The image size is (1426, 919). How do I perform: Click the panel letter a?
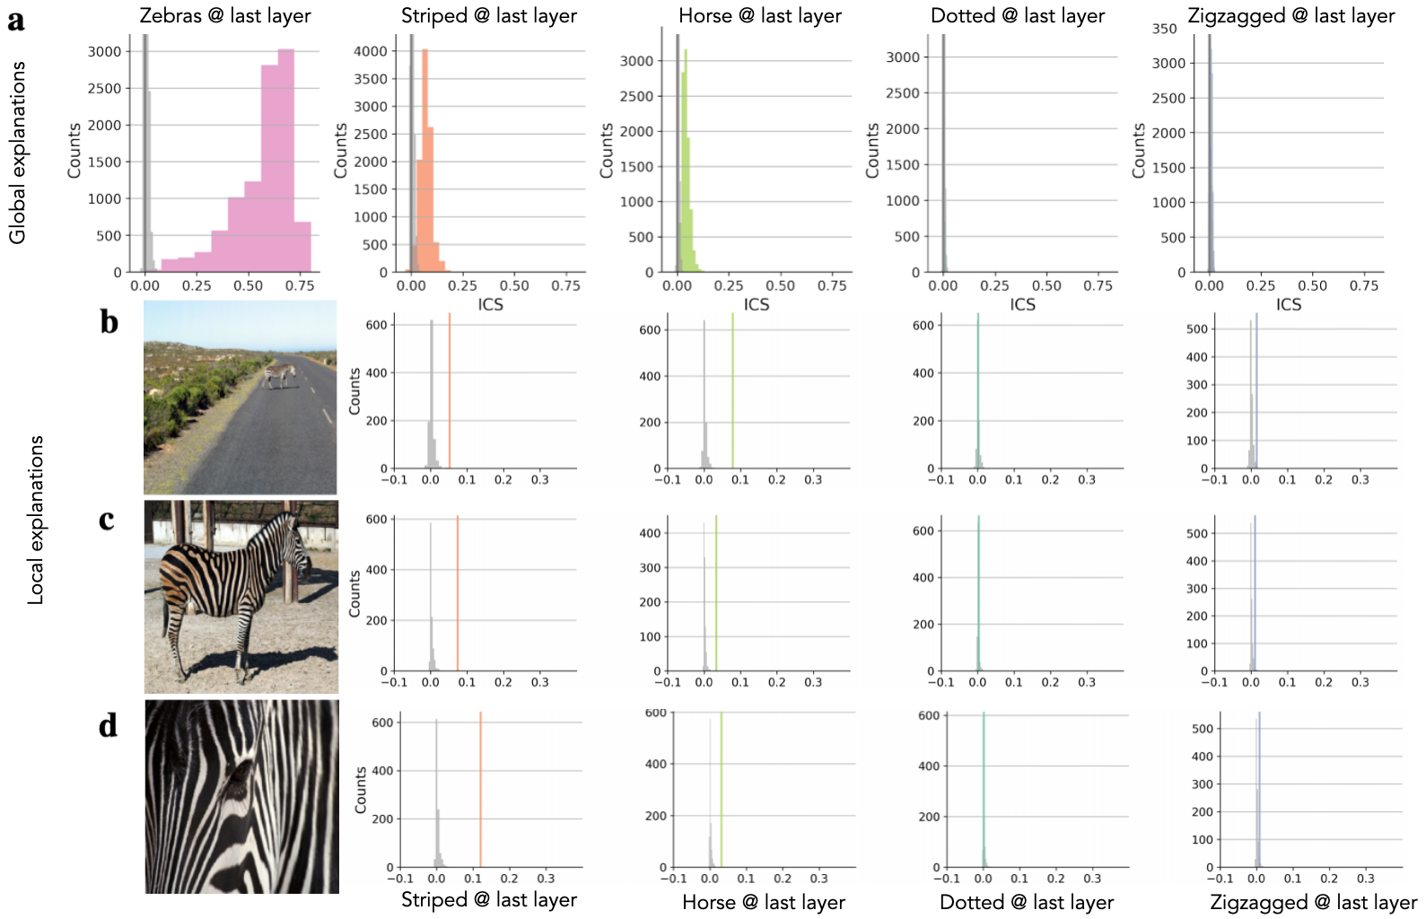15,19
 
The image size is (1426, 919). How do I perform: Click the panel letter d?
108,725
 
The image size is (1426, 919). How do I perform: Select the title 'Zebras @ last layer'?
225,15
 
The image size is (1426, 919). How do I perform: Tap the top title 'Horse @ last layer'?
760,15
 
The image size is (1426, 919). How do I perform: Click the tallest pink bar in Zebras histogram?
286,162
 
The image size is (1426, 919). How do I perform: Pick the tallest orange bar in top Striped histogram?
424,162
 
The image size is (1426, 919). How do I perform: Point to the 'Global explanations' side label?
17,153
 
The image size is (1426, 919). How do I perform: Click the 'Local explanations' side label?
36,521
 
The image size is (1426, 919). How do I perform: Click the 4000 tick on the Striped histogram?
371,51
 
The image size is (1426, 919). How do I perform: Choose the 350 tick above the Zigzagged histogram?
1164,29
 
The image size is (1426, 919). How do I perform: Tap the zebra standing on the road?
280,372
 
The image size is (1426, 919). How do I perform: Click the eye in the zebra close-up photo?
239,772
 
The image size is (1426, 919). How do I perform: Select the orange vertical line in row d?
480,790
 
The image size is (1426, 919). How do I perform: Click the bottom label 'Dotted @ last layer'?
1026,902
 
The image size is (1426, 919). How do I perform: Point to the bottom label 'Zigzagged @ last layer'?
1313,902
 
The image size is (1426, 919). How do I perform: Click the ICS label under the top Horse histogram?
756,305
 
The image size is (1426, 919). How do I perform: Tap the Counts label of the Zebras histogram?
74,150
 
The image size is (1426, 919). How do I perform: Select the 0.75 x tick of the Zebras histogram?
300,285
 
